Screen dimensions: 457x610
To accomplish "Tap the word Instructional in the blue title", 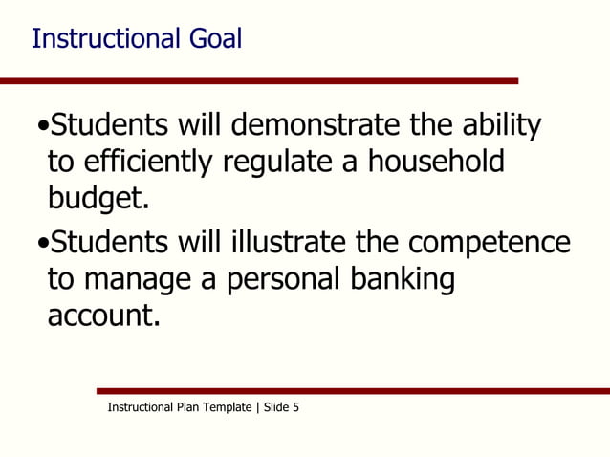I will (x=105, y=38).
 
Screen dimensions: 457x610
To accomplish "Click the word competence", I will (x=495, y=242).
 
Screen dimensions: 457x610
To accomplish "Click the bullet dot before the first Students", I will (x=41, y=127).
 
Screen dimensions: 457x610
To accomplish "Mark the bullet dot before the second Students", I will (x=41, y=244).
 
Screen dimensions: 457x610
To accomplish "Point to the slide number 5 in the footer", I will (x=295, y=407).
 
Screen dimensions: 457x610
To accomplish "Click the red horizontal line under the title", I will (x=258, y=81).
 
